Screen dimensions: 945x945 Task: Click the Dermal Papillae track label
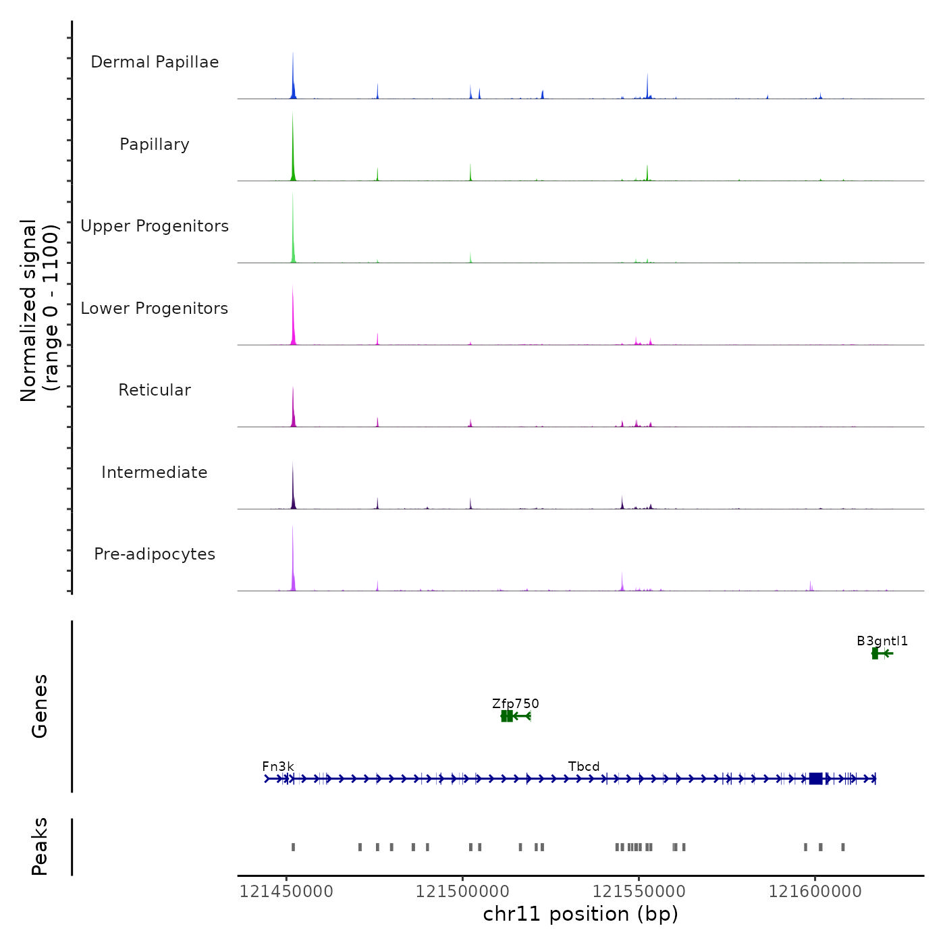point(155,62)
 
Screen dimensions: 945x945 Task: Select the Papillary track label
point(155,144)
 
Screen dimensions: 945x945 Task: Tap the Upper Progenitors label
point(155,226)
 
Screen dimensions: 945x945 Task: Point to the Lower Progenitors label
point(155,308)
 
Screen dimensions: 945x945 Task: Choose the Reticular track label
point(155,390)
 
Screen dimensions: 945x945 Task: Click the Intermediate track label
point(155,473)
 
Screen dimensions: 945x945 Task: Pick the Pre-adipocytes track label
point(155,554)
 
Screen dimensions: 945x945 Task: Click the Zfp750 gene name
point(516,704)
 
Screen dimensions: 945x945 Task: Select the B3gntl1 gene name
point(882,641)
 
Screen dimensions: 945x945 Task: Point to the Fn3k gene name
point(278,767)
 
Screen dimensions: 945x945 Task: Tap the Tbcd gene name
point(584,767)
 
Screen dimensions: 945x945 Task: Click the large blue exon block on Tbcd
point(815,779)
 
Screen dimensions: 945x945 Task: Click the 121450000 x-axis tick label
point(286,892)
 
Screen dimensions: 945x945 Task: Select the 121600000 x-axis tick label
point(815,892)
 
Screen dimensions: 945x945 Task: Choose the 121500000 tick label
point(462,892)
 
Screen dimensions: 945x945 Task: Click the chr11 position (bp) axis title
point(580,914)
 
